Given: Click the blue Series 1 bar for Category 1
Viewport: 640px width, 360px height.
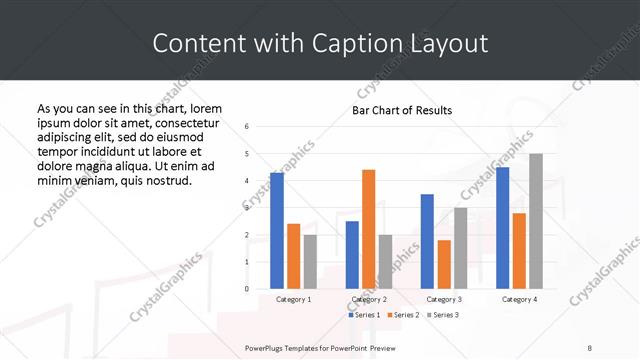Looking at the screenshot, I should point(277,231).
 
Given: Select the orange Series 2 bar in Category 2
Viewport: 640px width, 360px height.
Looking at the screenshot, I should point(368,229).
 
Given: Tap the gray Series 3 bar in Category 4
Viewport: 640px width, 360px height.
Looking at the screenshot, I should point(536,221).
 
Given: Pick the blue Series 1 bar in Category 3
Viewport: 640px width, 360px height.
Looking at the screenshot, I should point(427,241).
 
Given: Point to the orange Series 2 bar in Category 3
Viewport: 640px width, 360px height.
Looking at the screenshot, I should point(443,264).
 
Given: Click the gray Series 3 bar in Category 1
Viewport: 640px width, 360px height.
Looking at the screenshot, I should point(310,261).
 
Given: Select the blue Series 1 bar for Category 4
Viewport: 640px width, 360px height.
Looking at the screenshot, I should point(502,228).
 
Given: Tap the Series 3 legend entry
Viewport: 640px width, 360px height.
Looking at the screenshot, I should point(441,315).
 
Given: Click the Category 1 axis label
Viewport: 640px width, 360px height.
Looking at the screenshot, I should point(294,299).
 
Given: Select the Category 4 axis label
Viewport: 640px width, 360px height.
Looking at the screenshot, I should point(519,299).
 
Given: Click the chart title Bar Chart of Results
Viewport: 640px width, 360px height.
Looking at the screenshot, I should point(402,110).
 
